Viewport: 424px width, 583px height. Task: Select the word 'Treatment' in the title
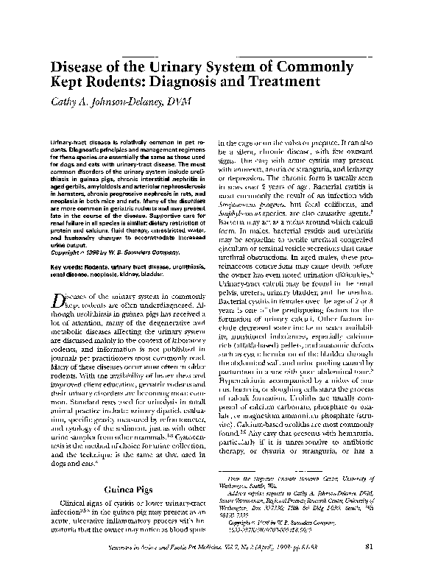(280, 82)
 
